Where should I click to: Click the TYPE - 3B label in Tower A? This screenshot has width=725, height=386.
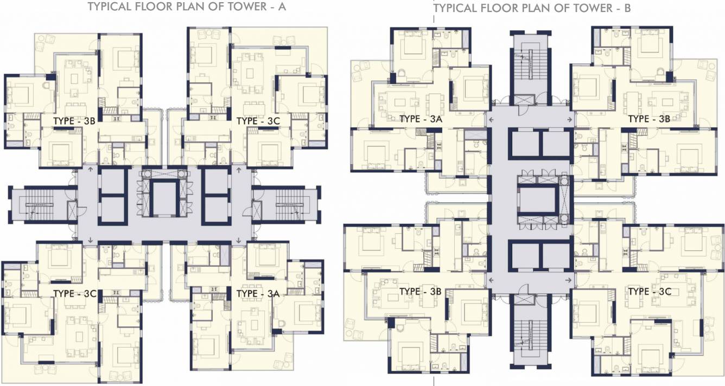[x=74, y=121]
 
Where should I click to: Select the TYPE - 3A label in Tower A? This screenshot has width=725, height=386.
[x=258, y=293]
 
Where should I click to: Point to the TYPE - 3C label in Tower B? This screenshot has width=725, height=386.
[x=650, y=291]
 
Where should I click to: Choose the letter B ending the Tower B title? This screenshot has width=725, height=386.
[x=627, y=8]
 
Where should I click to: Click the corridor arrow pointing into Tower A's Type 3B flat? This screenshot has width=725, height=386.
[x=90, y=170]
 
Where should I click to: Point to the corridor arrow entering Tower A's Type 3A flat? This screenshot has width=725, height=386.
[x=239, y=240]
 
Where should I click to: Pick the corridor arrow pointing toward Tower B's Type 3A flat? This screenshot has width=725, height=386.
[x=491, y=119]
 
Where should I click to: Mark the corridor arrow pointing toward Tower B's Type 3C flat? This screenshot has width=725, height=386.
[x=569, y=280]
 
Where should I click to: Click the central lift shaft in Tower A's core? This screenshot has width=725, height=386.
[x=164, y=200]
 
